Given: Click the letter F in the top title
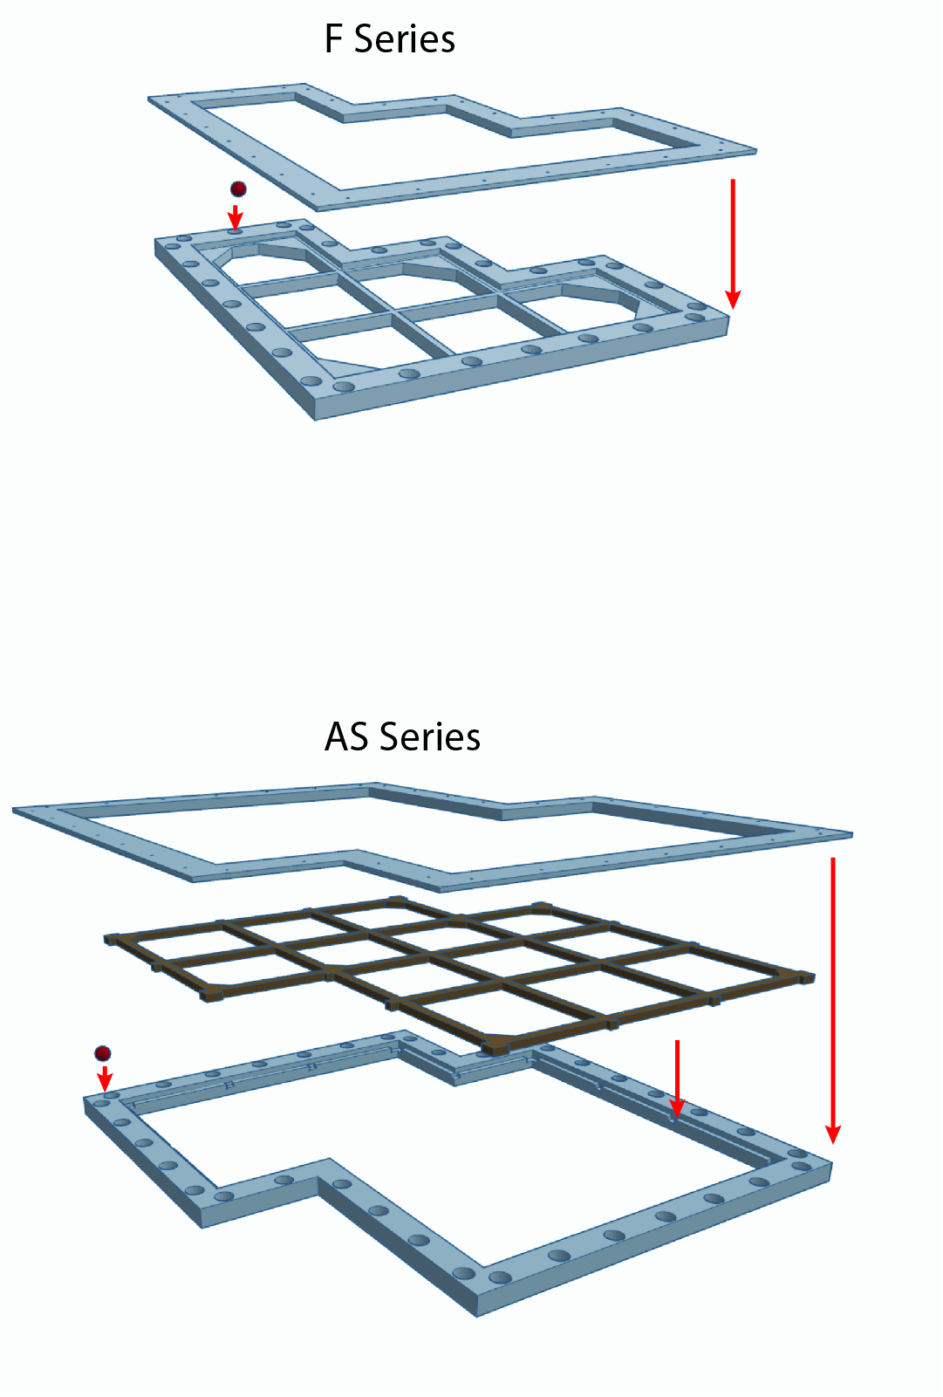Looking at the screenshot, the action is [x=333, y=38].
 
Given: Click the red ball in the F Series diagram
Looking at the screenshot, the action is [x=238, y=189].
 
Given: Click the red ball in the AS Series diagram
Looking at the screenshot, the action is [x=103, y=1053].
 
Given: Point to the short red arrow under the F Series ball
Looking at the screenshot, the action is [x=236, y=217].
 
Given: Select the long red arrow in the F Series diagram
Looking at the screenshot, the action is [x=734, y=243].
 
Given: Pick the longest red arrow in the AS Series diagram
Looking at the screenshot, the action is [x=832, y=1001].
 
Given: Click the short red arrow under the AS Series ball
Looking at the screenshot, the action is [x=105, y=1079].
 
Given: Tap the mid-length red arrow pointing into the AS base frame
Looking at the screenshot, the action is [x=677, y=1079].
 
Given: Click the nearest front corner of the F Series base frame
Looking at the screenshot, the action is [x=315, y=419].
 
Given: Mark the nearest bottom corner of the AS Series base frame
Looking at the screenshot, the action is [x=477, y=1316].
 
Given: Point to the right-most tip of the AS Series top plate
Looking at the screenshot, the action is [x=852, y=834].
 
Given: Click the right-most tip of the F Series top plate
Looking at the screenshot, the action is [x=756, y=151].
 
